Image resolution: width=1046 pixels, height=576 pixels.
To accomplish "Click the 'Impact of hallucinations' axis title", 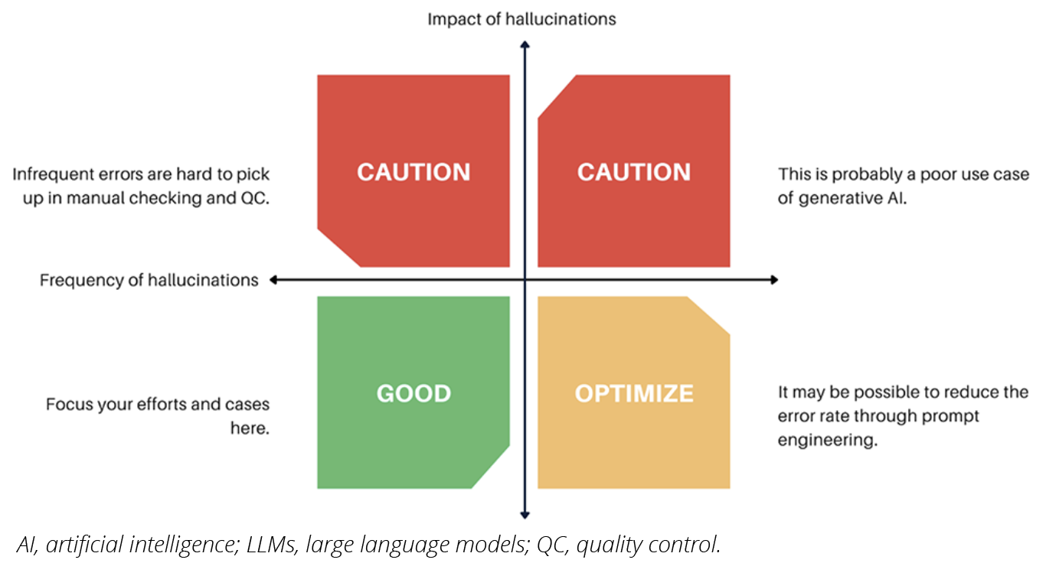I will click(521, 19).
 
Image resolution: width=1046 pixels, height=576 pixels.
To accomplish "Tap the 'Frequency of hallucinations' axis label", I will click(149, 280).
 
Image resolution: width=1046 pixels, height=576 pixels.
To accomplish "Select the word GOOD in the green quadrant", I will click(413, 393).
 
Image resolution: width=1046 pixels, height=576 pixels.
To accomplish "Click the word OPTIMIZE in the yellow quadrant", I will click(634, 393).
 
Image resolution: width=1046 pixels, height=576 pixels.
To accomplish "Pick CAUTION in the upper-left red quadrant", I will click(413, 172).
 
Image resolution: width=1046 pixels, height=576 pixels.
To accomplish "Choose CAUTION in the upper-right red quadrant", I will click(634, 172).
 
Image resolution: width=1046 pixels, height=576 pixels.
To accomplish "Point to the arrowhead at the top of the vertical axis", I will click(525, 45).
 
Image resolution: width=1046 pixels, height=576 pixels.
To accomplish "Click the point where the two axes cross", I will click(525, 280).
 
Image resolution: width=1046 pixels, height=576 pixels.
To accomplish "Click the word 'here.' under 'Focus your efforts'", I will click(250, 428).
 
